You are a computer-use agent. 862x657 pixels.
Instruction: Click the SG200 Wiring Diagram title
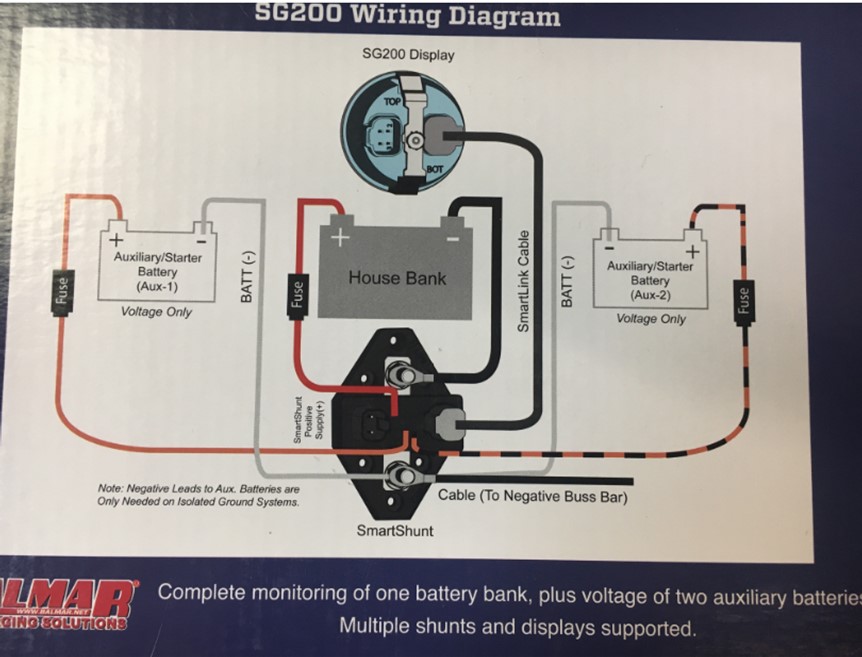coord(407,15)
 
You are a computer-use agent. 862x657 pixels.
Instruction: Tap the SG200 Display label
coord(407,54)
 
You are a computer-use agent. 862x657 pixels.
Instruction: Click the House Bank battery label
coord(396,278)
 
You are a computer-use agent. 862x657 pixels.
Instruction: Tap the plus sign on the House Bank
coord(340,239)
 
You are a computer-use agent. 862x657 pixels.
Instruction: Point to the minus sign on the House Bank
coord(452,240)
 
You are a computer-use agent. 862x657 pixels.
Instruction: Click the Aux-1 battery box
coord(157,266)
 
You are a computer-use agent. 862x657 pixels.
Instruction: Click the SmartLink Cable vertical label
coord(523,281)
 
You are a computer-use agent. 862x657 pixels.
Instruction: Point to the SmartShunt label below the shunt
coord(395,530)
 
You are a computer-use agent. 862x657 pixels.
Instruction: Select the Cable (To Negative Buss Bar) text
coord(532,495)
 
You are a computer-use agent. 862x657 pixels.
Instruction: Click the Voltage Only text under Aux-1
coord(156,312)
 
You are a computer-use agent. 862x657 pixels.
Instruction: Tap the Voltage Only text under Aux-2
coord(651,318)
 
